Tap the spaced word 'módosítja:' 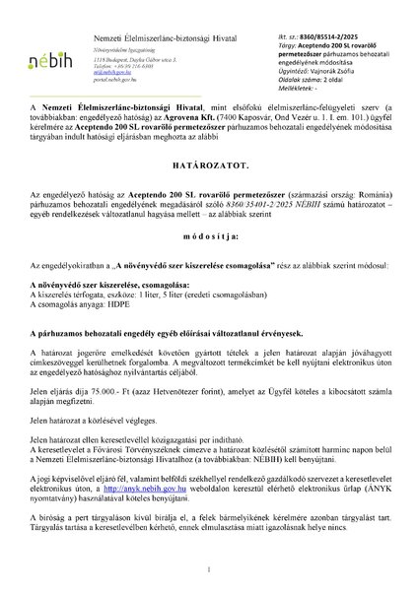208,237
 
